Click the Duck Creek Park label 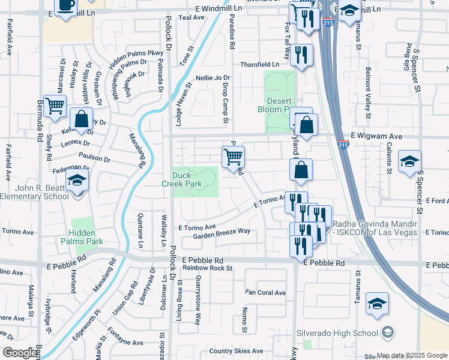186,179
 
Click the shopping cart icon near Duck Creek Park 232,158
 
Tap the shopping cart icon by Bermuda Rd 55,106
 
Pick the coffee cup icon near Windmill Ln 65,5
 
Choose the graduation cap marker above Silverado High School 377,304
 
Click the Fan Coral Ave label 265,293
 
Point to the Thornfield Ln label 260,64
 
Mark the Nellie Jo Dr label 213,78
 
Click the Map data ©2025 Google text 412,355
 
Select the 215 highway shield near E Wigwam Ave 343,145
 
